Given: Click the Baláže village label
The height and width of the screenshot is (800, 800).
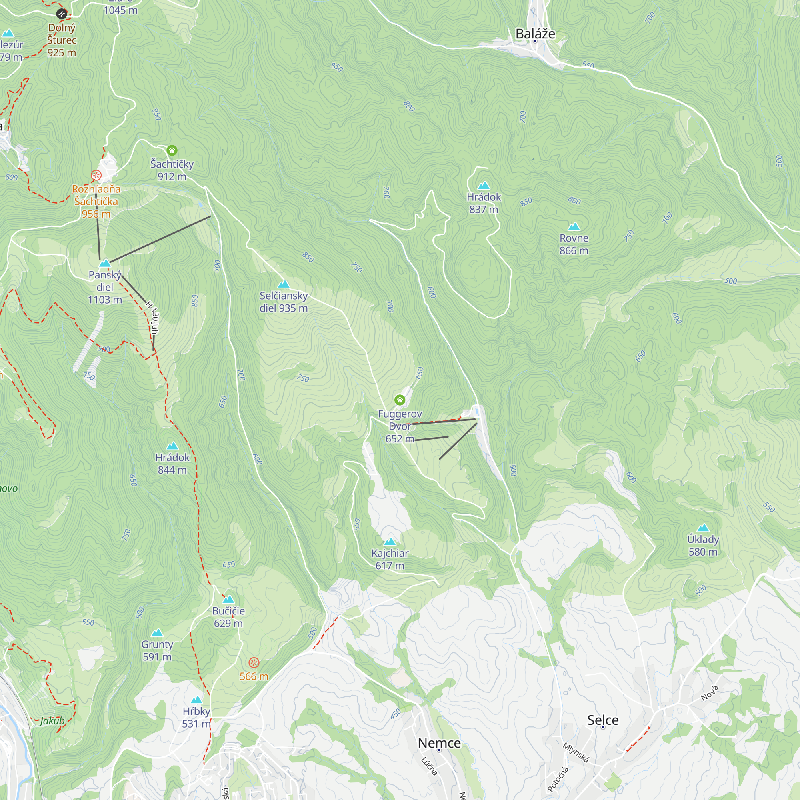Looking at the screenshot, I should tap(535, 34).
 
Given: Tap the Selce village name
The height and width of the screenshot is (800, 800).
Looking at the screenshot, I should tap(602, 720).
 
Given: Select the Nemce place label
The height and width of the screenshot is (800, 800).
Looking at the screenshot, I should tap(439, 743).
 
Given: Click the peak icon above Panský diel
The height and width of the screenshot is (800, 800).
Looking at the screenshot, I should tap(105, 263).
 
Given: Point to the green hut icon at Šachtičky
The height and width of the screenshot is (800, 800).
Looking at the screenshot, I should tap(172, 150).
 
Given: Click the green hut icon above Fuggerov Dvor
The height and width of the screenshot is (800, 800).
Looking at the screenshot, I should tap(400, 400).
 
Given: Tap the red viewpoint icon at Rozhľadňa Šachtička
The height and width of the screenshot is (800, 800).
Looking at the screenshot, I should tap(96, 175).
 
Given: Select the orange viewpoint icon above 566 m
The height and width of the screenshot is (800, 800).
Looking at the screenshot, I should tap(254, 662).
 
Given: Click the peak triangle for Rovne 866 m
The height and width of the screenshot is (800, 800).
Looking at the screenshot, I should tap(574, 226).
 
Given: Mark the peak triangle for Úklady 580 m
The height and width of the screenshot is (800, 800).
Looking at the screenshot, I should tap(703, 528).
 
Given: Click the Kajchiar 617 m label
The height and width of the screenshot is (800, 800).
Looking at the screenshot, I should tap(390, 559).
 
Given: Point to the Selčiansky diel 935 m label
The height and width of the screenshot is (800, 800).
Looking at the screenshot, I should tap(284, 302).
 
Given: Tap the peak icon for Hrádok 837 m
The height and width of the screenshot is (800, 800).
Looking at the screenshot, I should tap(484, 186).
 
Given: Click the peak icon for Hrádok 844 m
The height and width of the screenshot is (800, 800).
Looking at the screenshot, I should tap(172, 446).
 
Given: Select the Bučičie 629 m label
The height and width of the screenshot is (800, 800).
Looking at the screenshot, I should tap(228, 616).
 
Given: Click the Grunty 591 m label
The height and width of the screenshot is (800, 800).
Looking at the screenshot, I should tap(157, 650).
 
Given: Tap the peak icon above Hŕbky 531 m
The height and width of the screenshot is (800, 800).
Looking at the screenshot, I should tap(196, 700).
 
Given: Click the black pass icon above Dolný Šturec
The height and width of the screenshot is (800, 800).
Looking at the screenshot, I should tap(61, 14).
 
